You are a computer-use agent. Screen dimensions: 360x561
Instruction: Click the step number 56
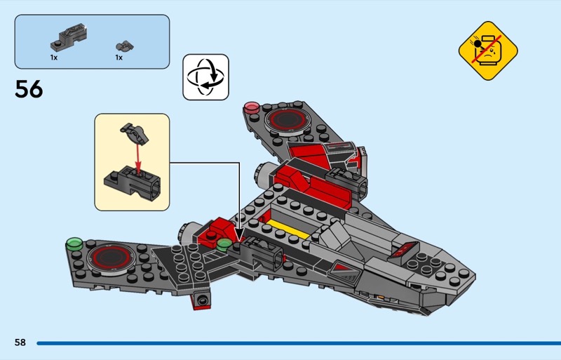point(29,90)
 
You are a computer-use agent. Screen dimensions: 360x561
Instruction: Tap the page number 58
point(20,342)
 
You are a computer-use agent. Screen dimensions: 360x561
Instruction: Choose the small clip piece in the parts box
point(126,45)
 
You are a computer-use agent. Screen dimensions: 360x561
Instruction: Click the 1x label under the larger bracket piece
point(54,58)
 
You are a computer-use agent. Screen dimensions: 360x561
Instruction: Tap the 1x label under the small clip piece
point(119,58)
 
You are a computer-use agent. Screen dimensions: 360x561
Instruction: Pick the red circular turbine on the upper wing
point(286,119)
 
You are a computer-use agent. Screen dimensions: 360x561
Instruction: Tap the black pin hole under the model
point(203,302)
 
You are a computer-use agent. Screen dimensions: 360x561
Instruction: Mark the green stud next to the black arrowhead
point(224,244)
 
